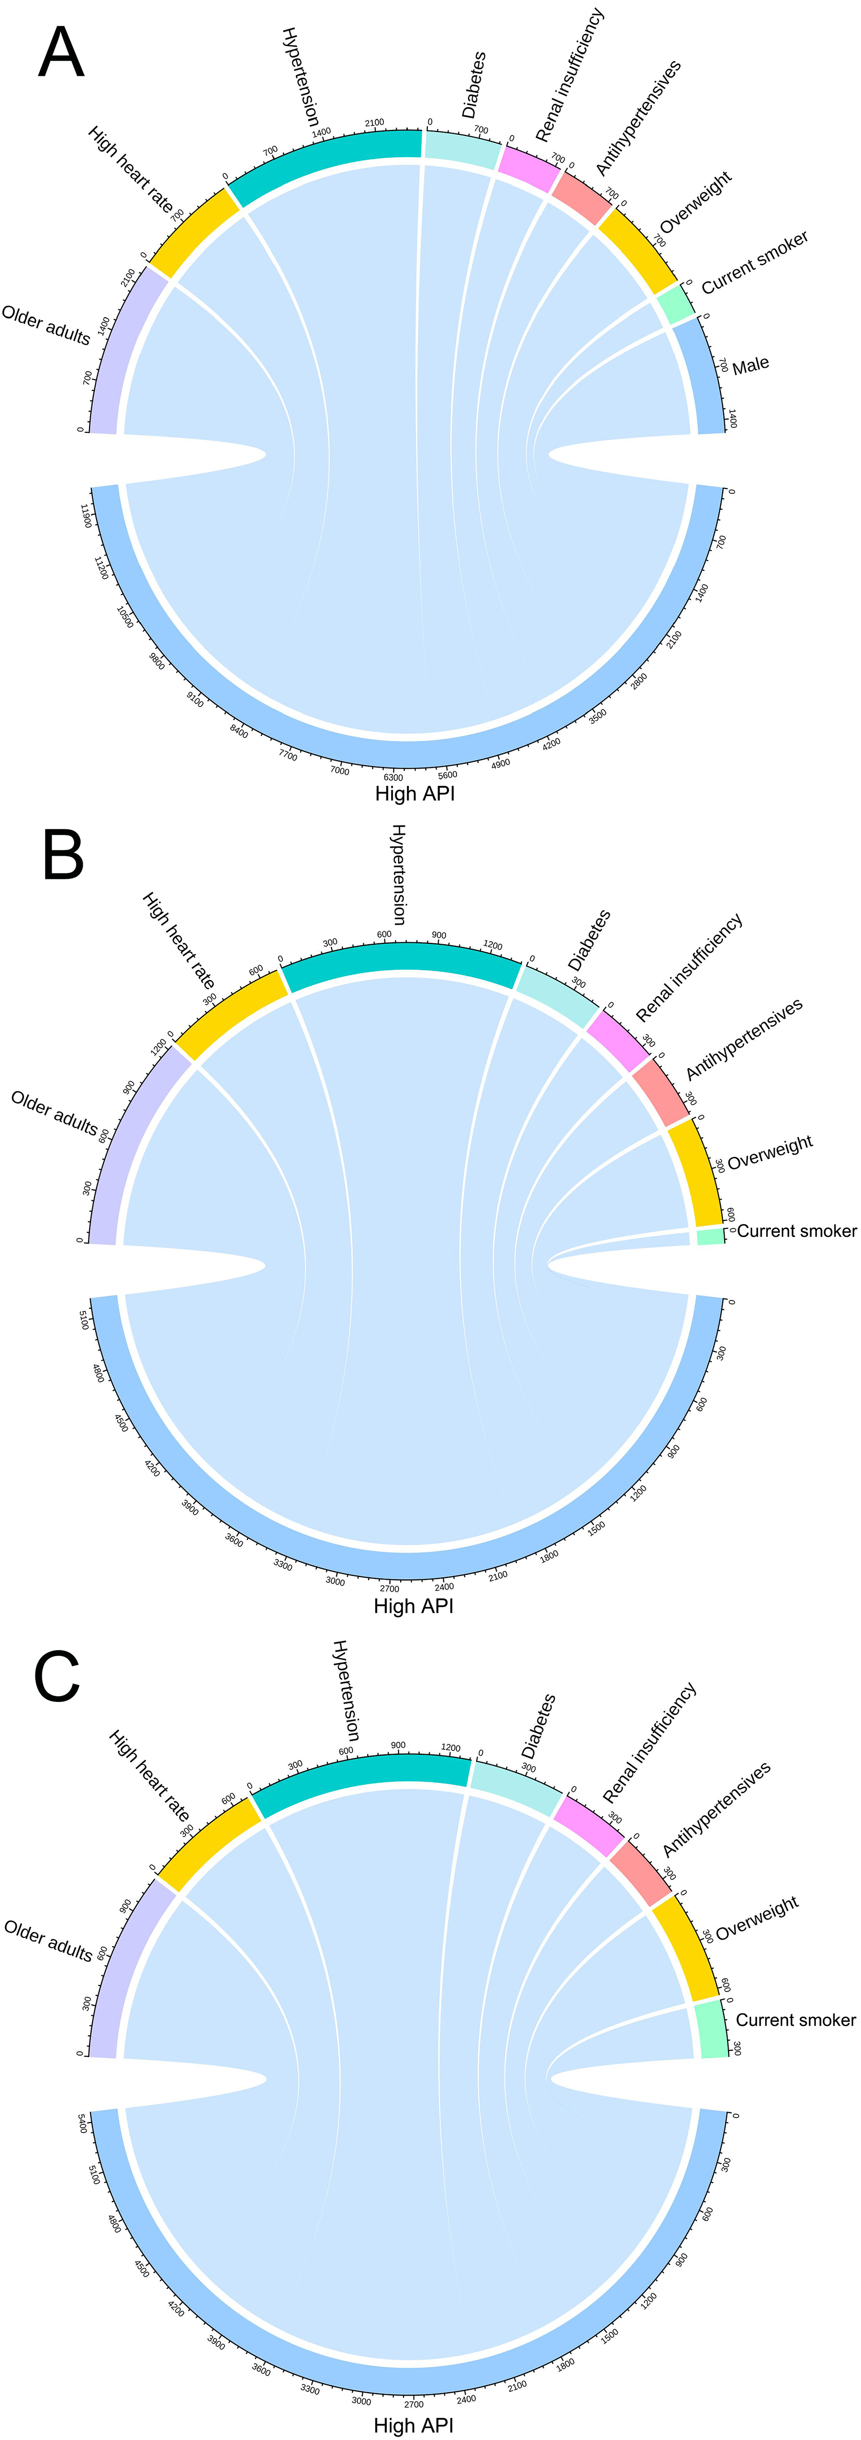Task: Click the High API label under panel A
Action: coord(415,794)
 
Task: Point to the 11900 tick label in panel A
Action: coord(87,516)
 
